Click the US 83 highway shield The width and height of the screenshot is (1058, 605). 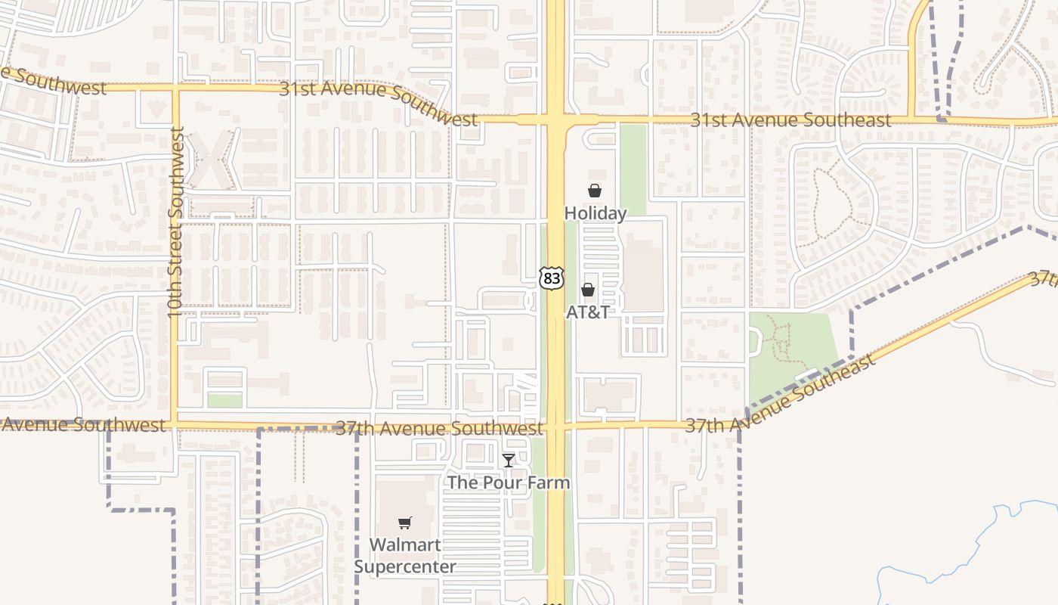coord(552,278)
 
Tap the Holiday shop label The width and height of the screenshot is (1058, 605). coord(596,213)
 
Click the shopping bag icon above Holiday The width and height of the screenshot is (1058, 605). coord(595,191)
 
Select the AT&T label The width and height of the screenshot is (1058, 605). coord(587,312)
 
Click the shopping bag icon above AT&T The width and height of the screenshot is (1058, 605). coord(587,290)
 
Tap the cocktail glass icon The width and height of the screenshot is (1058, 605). coord(509,460)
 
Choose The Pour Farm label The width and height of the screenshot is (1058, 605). coord(509,482)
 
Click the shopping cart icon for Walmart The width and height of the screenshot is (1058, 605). coord(405,523)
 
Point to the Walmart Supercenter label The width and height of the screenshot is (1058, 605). coord(405,555)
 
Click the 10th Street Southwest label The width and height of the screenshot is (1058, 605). coord(176,222)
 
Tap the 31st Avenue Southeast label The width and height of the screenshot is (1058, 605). coord(790,120)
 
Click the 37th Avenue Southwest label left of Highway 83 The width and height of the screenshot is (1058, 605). coord(439,428)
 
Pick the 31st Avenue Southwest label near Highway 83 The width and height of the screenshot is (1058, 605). coord(378,102)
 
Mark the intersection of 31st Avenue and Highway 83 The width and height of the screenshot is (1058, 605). coord(555,119)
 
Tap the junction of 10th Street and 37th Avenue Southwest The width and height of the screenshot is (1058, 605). coord(175,423)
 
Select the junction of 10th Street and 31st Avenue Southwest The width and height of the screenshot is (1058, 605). coord(175,88)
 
